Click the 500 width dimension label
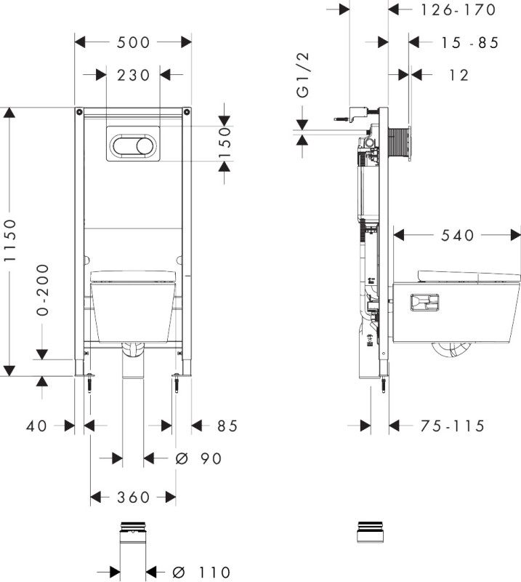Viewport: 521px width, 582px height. (133, 43)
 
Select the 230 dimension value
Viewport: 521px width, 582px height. (132, 75)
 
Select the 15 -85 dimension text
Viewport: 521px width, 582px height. (469, 43)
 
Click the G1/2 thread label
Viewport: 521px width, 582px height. (303, 81)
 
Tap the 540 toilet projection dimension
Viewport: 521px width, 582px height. (457, 235)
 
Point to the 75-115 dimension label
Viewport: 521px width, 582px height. (453, 426)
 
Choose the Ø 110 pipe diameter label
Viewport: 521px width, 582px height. (203, 573)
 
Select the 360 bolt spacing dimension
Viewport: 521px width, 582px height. (133, 498)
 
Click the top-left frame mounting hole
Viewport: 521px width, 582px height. (78, 112)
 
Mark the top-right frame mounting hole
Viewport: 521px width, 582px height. (187, 112)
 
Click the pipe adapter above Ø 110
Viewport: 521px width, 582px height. (132, 535)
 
